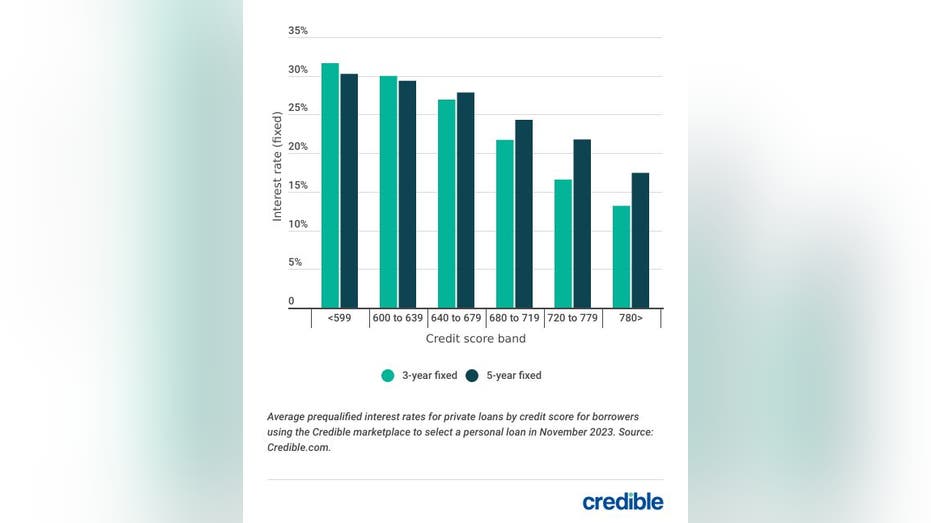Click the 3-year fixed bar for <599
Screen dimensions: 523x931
330,186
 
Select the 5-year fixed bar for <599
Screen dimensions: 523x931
349,191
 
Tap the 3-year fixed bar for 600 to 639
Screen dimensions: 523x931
388,192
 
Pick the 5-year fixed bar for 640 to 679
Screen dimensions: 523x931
465,200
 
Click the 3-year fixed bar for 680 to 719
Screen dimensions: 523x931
505,224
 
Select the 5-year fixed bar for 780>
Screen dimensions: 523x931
640,240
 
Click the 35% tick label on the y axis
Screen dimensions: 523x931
298,31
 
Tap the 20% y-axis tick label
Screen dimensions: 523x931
298,147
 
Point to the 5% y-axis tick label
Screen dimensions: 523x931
295,263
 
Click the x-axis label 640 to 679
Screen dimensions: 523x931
456,318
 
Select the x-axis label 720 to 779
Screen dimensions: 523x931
572,318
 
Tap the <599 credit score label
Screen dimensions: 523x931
339,318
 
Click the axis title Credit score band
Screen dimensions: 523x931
476,339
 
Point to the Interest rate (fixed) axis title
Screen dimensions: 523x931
278,166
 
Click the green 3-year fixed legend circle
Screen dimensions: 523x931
388,376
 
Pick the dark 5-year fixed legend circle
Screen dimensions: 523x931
472,376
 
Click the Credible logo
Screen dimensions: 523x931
622,501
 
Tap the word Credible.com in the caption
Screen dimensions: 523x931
299,448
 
